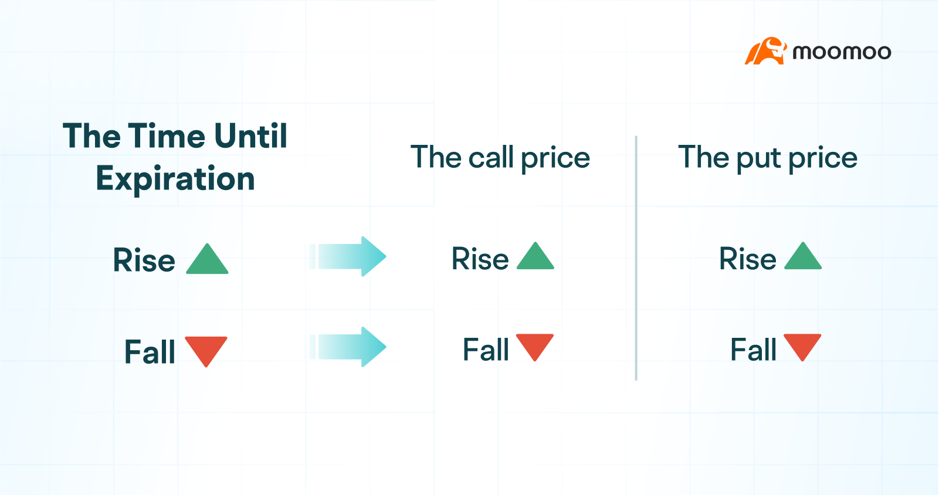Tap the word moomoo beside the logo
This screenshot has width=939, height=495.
pyautogui.click(x=842, y=52)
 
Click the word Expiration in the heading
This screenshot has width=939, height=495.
pyautogui.click(x=175, y=179)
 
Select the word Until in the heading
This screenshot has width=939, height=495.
pyautogui.click(x=251, y=136)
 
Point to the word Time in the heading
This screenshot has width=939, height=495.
pyautogui.click(x=167, y=136)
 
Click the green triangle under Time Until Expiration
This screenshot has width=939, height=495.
pyautogui.click(x=207, y=260)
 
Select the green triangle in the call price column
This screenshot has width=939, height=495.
pyautogui.click(x=535, y=257)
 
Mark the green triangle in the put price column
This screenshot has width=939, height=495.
pyautogui.click(x=803, y=257)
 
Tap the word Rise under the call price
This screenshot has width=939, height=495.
pyautogui.click(x=480, y=259)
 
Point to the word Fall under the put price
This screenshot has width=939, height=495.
pyautogui.click(x=753, y=350)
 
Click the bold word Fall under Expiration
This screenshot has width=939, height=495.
pyautogui.click(x=150, y=352)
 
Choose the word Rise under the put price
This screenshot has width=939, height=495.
pyautogui.click(x=748, y=259)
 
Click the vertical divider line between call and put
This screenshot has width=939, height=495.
pyautogui.click(x=636, y=258)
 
